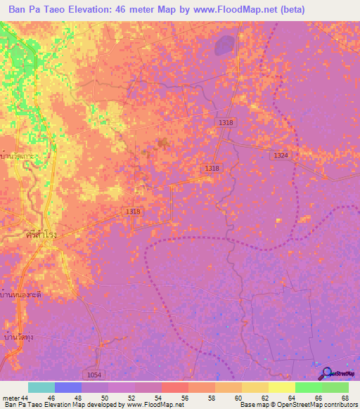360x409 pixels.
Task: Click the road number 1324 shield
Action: tap(281, 155)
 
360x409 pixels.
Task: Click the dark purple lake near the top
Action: tap(224, 46)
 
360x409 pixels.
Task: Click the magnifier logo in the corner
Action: tap(327, 373)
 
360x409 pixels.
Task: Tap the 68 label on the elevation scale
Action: tap(345, 398)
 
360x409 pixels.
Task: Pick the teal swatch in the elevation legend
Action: tap(41, 387)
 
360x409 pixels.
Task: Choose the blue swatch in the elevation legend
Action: tap(67, 387)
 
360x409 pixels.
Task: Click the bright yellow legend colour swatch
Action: tap(281, 387)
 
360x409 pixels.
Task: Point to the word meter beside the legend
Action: tap(11, 398)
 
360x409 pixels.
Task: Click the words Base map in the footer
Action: tap(253, 405)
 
